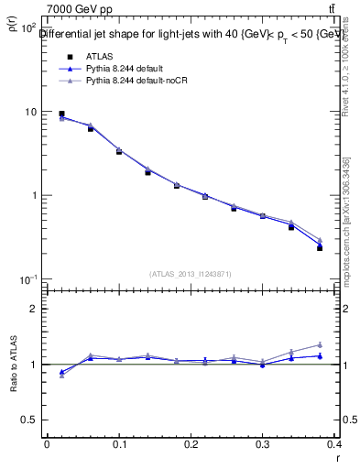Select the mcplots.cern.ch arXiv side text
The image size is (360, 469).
(346, 220)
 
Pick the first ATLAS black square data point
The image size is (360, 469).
(61, 114)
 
